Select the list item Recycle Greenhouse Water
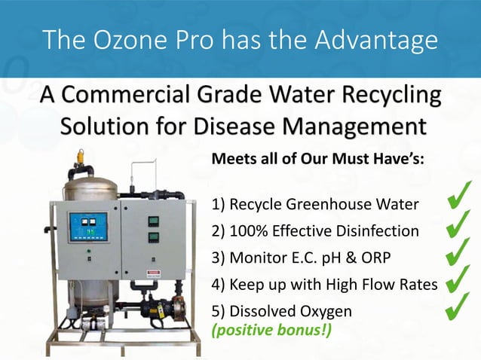[x=315, y=204]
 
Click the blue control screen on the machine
[x=89, y=227]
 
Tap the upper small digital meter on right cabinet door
[x=153, y=221]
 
